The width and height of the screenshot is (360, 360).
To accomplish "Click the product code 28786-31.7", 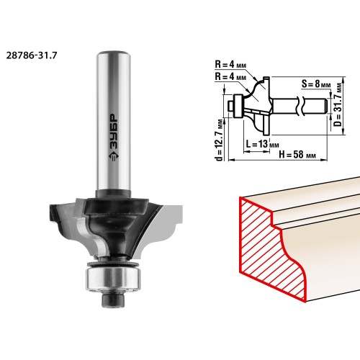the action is [x=32, y=55].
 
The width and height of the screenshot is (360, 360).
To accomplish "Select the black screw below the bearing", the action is [x=113, y=299].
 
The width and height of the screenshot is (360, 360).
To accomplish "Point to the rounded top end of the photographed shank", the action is [x=114, y=53].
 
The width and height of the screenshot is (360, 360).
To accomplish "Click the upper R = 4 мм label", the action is [x=230, y=65].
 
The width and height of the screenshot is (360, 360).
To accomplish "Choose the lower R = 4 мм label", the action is [x=230, y=77].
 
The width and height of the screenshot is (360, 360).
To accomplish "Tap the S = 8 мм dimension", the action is [x=316, y=84].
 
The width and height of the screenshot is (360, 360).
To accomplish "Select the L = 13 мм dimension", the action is [x=263, y=144].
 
